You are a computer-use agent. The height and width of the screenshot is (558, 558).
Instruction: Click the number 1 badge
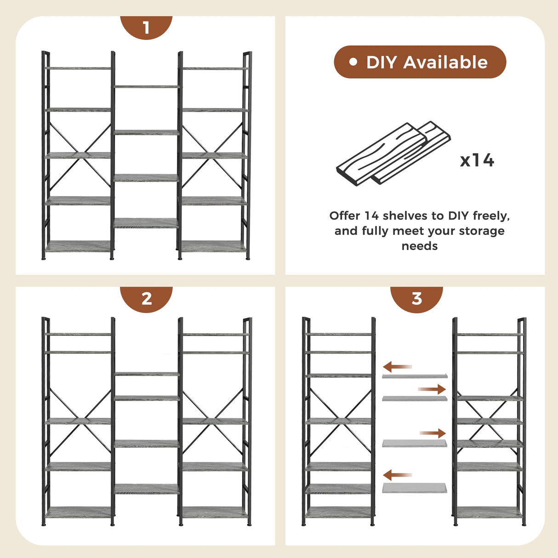click(x=146, y=28)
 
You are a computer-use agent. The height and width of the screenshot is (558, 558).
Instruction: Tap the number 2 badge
click(x=146, y=299)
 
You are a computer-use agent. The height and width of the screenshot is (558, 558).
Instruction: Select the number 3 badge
click(x=416, y=299)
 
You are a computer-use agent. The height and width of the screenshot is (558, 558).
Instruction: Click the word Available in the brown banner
click(x=445, y=62)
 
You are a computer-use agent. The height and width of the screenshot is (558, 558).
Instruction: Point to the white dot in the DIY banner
click(x=353, y=62)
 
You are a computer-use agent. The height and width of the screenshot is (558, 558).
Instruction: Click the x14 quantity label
click(x=477, y=160)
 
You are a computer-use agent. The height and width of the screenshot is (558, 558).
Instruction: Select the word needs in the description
click(x=419, y=246)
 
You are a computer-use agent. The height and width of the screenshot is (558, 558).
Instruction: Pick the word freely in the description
click(x=491, y=216)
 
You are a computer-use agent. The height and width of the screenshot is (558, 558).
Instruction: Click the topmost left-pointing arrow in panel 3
click(x=397, y=367)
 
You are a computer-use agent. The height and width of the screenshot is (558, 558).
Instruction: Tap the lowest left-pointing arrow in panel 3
click(x=397, y=475)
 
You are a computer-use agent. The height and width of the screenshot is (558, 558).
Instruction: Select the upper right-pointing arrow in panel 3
click(x=432, y=389)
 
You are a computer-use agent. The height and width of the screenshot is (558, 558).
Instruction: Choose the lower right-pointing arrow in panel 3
click(x=433, y=433)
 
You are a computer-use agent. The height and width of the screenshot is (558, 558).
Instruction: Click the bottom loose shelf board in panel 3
click(x=414, y=488)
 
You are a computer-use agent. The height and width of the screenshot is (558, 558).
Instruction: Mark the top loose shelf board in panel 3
click(x=414, y=376)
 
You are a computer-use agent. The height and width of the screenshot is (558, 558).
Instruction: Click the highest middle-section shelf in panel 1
click(x=146, y=86)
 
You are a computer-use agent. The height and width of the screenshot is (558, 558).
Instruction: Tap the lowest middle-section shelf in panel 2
click(x=146, y=489)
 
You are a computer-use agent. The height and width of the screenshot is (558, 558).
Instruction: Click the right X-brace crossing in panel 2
click(x=213, y=420)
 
